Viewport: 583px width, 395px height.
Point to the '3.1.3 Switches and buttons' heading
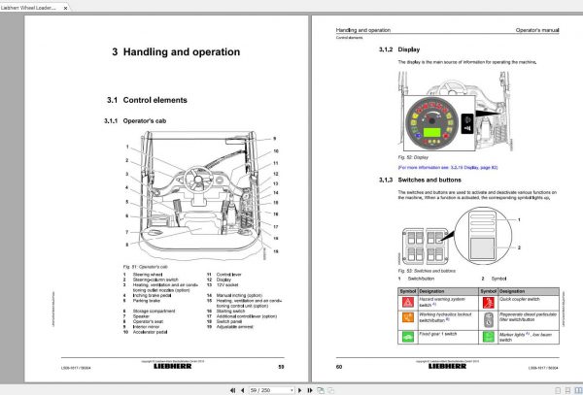click(409, 180)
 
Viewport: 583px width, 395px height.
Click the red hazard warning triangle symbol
click(406, 301)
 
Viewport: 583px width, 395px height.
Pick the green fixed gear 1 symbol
click(406, 335)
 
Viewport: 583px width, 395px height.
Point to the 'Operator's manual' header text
click(539, 32)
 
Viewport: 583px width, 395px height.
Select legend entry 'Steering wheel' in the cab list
click(136, 274)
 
